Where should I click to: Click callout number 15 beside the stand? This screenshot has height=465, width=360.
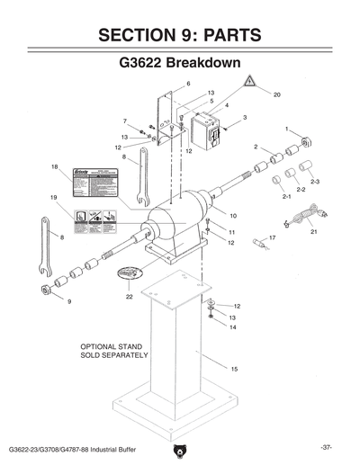[235, 370]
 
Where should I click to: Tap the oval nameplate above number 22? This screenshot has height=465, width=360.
[130, 271]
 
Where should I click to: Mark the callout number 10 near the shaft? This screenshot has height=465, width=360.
[233, 217]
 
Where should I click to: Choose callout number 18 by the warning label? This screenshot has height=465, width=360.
[54, 167]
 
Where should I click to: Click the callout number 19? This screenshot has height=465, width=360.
[54, 197]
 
